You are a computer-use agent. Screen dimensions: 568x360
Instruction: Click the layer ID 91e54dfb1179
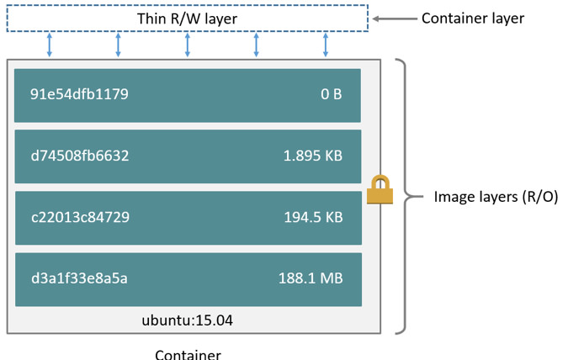point(79,94)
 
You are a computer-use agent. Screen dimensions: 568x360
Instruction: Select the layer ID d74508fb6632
point(80,156)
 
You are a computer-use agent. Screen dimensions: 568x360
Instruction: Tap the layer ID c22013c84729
point(80,217)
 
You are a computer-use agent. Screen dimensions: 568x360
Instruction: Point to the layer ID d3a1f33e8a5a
point(79,278)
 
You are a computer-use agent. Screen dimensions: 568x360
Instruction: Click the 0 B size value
point(331,94)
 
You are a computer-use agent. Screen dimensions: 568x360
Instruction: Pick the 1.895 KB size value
point(313,156)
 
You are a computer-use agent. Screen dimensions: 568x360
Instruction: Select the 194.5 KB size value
point(313,217)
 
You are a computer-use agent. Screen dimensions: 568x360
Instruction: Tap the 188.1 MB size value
point(311,278)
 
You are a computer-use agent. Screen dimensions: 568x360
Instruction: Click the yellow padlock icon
point(380,190)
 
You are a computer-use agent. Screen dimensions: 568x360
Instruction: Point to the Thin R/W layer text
point(188,19)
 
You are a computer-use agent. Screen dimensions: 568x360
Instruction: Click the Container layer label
point(473,19)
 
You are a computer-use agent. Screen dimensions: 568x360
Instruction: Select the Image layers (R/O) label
point(496,197)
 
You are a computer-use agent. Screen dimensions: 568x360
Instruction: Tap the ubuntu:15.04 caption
point(188,320)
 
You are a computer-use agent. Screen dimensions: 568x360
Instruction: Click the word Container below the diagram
point(188,354)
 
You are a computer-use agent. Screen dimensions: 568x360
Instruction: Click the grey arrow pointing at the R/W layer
point(395,19)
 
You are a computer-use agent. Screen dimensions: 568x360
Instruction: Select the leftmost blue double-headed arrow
point(50,45)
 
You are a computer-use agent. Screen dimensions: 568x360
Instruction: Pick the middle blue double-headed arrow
point(188,45)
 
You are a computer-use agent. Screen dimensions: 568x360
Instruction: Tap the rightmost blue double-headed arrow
point(326,45)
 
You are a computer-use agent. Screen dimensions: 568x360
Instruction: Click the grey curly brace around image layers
point(405,197)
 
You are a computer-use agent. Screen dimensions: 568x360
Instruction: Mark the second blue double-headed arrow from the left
point(118,45)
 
